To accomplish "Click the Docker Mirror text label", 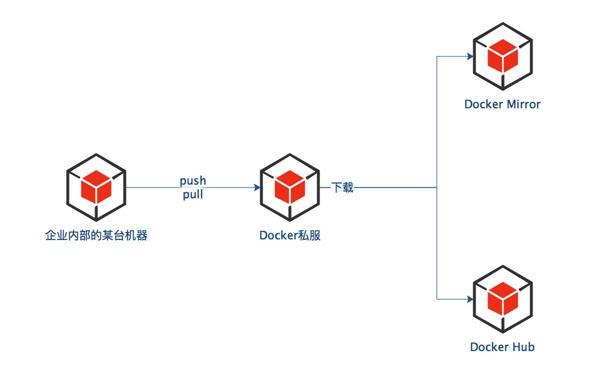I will coord(502,104).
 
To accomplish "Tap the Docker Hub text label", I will coord(502,347).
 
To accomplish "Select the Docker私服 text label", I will coord(290,235).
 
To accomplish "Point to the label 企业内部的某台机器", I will coord(96,235).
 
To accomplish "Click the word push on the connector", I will coord(193,181).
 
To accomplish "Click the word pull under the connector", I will coord(193,195).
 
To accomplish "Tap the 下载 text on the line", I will coord(343,188).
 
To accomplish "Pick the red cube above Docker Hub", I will coord(503,297).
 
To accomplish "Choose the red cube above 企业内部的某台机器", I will coord(96,186).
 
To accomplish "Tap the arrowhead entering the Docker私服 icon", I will coord(257,188).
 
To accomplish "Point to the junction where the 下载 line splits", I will coord(437,188).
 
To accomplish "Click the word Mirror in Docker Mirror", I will coord(523,104).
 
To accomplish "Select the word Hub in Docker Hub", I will coord(523,347).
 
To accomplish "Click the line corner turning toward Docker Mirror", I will coord(437,57).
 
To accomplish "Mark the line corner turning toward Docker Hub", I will coord(437,299).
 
